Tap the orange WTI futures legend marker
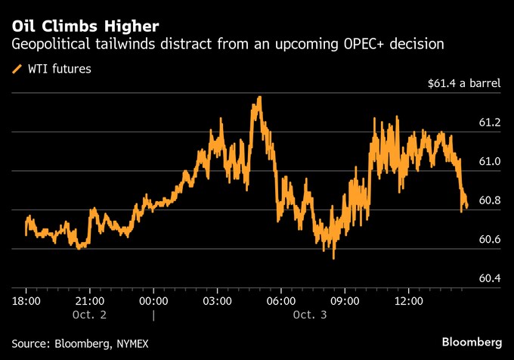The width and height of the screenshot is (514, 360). pyautogui.click(x=17, y=70)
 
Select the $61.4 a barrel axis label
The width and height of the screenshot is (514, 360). pyautogui.click(x=463, y=84)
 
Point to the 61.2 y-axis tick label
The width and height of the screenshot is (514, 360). pyautogui.click(x=489, y=123)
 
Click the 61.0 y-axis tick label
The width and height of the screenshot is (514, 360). pyautogui.click(x=489, y=162)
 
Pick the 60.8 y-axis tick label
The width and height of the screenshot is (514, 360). pyautogui.click(x=489, y=201)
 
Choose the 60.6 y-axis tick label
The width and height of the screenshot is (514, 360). pyautogui.click(x=489, y=240)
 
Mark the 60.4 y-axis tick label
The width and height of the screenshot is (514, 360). pyautogui.click(x=489, y=279)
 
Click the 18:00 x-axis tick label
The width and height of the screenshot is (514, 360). pyautogui.click(x=26, y=300)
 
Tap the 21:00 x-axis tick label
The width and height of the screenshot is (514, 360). pyautogui.click(x=90, y=300)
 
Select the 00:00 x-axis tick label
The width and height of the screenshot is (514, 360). pyautogui.click(x=153, y=300)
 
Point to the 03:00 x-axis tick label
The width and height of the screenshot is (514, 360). pyautogui.click(x=217, y=300)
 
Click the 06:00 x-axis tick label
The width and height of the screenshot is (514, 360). pyautogui.click(x=281, y=300)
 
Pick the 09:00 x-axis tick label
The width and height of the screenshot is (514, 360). pyautogui.click(x=345, y=300)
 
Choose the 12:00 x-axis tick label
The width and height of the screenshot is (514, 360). pyautogui.click(x=409, y=300)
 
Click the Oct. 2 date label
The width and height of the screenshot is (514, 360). pyautogui.click(x=90, y=314)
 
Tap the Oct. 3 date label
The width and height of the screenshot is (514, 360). pyautogui.click(x=309, y=314)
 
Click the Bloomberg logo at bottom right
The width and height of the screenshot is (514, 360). pyautogui.click(x=472, y=342)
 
